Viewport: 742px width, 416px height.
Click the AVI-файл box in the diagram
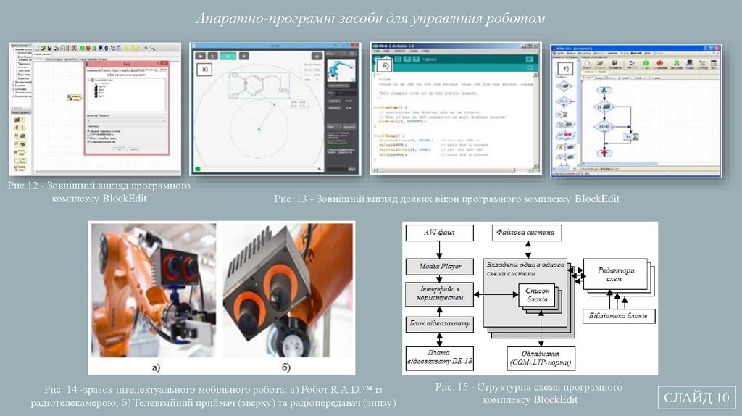coord(438,233)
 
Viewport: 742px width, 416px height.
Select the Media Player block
coord(438,265)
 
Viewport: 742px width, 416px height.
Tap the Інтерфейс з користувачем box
coord(438,294)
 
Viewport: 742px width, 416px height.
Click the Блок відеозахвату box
coord(438,324)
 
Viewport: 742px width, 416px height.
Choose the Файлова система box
coord(525,233)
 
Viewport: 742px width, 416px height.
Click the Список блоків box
coord(538,295)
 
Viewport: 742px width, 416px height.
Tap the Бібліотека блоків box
coord(620,317)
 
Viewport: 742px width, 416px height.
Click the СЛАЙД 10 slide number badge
coord(696,398)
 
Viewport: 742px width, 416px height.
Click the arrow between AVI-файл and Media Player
coord(438,249)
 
